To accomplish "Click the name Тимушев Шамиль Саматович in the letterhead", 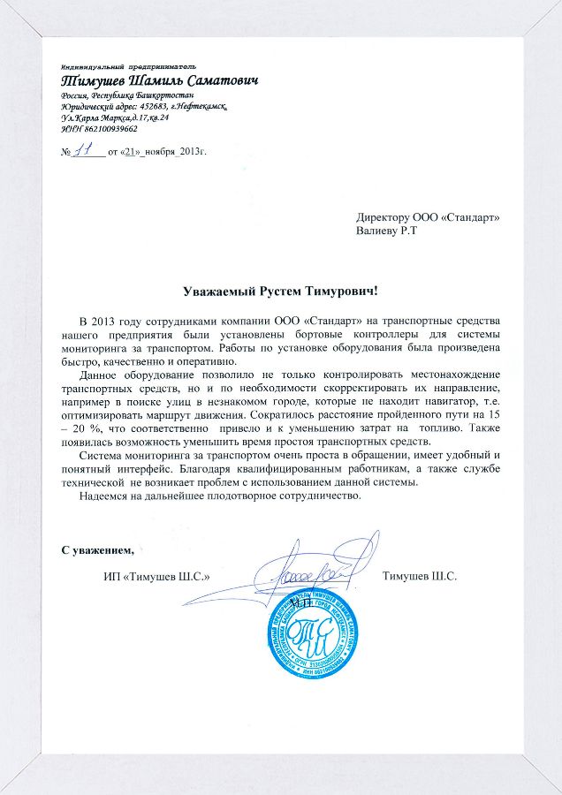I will point(159,80).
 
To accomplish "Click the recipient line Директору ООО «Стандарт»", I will point(428,216).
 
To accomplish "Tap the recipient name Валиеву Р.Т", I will point(387,231).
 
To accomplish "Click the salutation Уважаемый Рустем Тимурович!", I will point(280,291).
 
